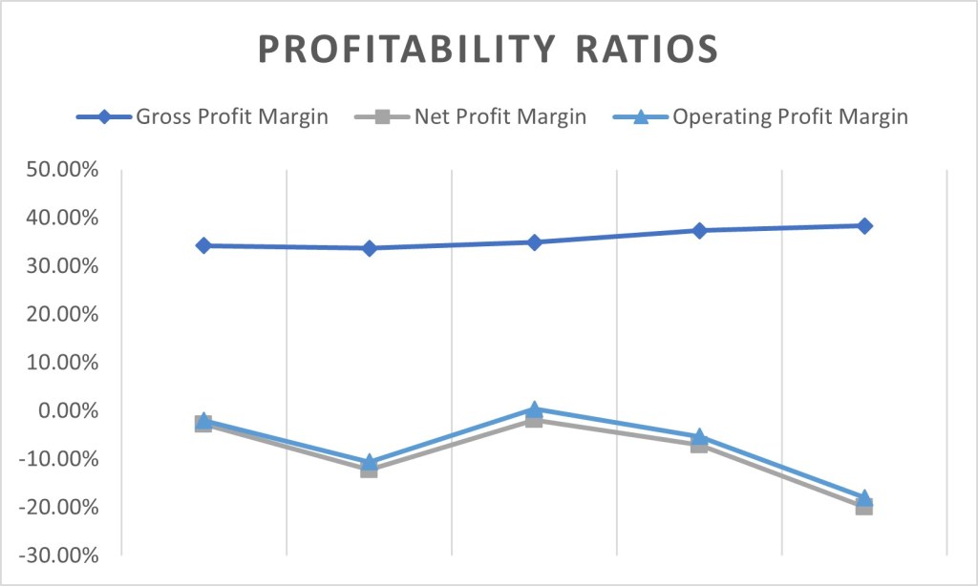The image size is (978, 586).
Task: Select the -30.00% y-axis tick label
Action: pyautogui.click(x=63, y=555)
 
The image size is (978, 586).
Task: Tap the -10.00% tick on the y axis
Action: pyautogui.click(x=63, y=459)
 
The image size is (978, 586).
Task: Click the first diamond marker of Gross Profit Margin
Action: pyautogui.click(x=203, y=245)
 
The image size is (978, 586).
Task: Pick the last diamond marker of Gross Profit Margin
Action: pyautogui.click(x=864, y=226)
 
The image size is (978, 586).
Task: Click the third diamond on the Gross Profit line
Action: pyautogui.click(x=534, y=242)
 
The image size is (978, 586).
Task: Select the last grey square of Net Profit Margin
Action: pyautogui.click(x=864, y=507)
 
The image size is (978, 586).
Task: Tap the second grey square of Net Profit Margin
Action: pyautogui.click(x=369, y=470)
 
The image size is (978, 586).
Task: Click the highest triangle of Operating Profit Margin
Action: pyautogui.click(x=534, y=408)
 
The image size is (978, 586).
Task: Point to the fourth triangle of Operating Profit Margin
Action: pyautogui.click(x=699, y=436)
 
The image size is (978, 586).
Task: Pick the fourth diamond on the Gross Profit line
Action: pyautogui.click(x=699, y=230)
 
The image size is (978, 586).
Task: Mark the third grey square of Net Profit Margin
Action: pyautogui.click(x=534, y=420)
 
